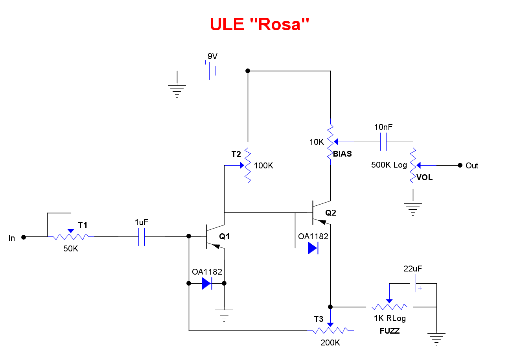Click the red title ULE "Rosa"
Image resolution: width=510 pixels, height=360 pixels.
pos(259,24)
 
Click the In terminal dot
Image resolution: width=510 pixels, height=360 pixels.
pos(24,237)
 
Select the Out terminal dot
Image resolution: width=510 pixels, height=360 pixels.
pos(459,165)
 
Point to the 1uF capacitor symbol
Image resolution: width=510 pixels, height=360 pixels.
pos(142,237)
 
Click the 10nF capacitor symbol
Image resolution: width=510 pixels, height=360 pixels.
pos(383,142)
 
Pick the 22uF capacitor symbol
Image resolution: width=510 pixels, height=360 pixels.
pos(413,283)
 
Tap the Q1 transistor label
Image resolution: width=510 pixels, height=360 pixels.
pos(225,236)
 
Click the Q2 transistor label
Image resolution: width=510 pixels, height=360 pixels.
pos(331,213)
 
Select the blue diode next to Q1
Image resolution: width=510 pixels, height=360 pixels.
pos(207,283)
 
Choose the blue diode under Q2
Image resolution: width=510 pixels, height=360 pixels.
pos(313,248)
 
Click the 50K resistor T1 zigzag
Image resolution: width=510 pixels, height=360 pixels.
pos(71,237)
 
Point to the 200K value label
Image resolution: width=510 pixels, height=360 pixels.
pos(330,343)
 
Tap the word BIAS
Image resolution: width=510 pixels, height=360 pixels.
pos(342,154)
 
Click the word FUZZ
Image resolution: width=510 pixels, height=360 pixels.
pos(390,331)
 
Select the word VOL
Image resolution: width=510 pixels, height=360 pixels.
pos(425,177)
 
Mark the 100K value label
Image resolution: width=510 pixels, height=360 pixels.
pos(263,166)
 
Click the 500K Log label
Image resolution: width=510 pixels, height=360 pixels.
pos(389,165)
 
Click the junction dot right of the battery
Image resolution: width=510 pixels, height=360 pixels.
pos(248,71)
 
